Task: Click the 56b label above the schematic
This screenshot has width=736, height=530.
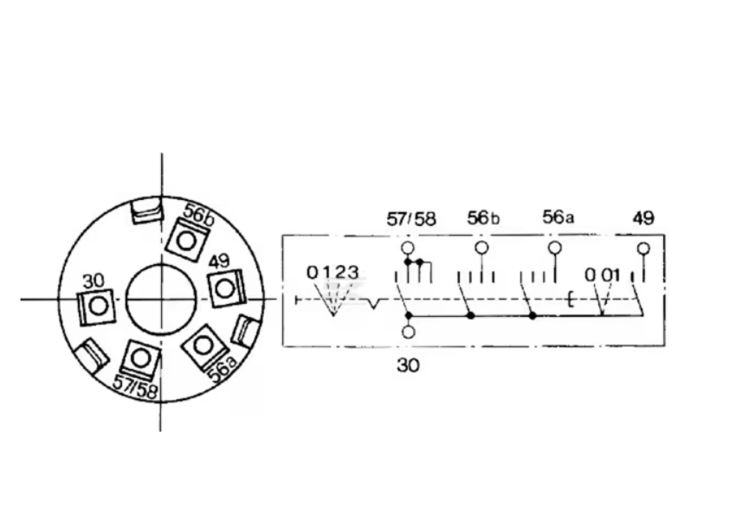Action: [x=483, y=218]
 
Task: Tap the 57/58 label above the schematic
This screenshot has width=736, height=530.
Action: [x=411, y=219]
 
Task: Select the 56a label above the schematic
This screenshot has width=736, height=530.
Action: [x=558, y=217]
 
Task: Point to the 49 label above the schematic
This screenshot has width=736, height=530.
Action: [x=643, y=218]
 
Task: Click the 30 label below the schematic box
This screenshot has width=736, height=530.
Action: [x=408, y=365]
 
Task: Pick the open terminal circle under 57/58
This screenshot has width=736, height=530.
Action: [x=408, y=248]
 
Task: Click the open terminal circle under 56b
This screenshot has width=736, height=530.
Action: [x=481, y=248]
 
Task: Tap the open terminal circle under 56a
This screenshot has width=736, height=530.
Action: [x=555, y=248]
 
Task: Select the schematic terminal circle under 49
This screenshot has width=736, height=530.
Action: [x=643, y=249]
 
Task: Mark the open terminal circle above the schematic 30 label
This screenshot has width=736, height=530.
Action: [x=409, y=332]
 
